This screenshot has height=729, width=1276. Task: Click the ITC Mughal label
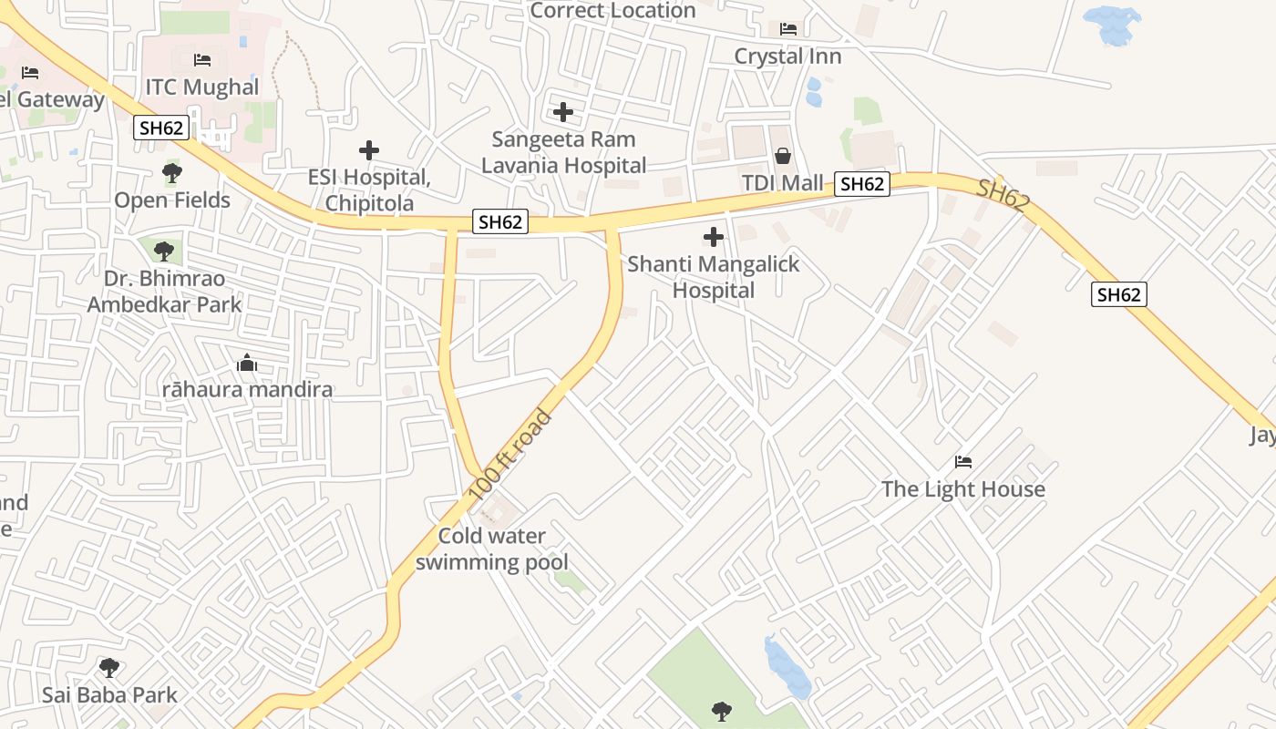(202, 87)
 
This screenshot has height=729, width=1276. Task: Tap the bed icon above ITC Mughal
(202, 60)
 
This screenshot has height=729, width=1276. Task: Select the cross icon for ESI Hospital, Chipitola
(369, 150)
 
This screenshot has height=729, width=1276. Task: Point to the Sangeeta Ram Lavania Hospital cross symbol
(563, 112)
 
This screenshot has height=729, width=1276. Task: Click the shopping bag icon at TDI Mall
(782, 156)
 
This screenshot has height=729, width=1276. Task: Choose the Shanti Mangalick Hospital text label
(714, 277)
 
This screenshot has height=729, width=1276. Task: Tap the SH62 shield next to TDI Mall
(862, 184)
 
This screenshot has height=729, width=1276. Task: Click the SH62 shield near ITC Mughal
(161, 128)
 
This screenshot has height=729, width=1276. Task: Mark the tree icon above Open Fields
(171, 172)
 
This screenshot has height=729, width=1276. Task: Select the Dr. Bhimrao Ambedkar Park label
(164, 292)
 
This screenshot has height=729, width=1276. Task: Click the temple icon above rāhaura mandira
(247, 364)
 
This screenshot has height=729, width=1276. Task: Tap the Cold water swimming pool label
(492, 549)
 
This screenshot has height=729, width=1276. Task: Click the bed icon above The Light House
(963, 462)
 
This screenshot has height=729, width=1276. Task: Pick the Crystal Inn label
(787, 56)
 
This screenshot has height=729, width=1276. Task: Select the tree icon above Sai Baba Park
(109, 668)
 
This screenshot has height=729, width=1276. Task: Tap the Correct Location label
(612, 11)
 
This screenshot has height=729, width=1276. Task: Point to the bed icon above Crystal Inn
(788, 29)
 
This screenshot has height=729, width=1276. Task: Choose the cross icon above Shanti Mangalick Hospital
(714, 238)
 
